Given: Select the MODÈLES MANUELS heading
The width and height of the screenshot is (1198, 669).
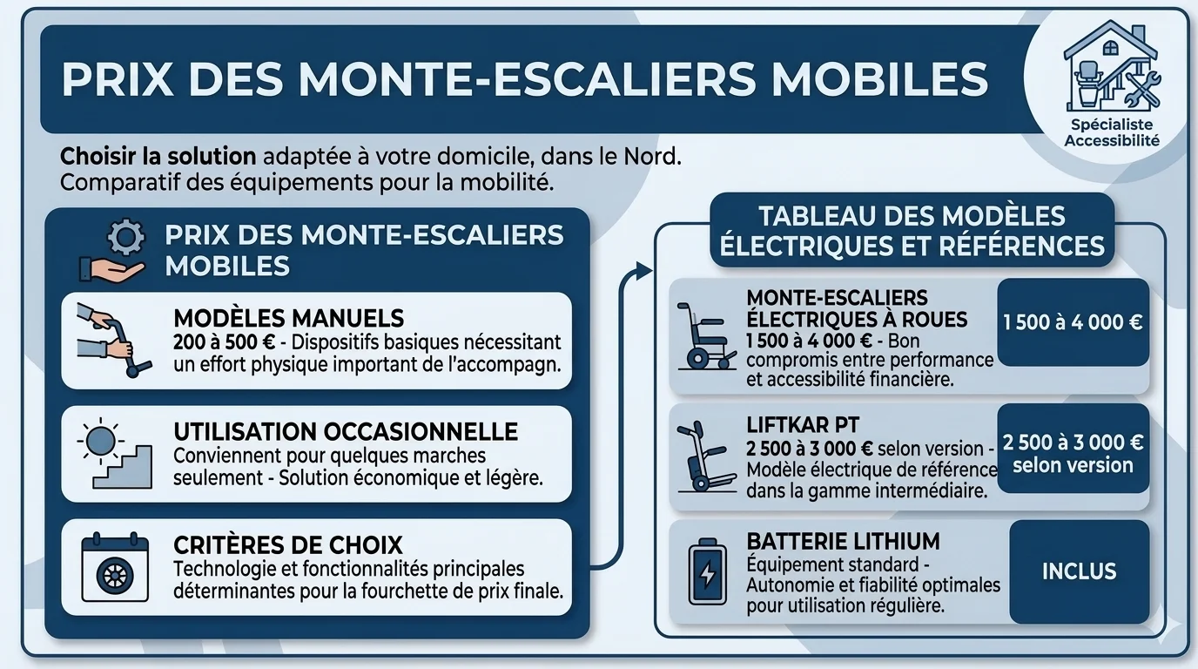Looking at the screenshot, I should (289, 318).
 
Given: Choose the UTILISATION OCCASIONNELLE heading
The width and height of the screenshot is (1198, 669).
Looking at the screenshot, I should (346, 432).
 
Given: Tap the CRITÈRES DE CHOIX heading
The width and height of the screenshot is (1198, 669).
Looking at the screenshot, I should (288, 546).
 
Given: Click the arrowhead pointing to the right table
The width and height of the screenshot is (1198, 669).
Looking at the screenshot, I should (643, 271).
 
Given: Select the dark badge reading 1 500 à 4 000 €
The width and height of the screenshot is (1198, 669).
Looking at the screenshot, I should (1073, 322).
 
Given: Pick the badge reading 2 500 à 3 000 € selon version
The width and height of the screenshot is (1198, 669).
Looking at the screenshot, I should (1073, 453).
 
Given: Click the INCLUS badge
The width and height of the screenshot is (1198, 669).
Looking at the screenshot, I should (1079, 571).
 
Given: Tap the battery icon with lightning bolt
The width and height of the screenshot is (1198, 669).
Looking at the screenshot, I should (707, 572).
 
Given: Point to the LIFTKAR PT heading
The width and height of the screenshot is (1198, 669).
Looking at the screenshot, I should (803, 425).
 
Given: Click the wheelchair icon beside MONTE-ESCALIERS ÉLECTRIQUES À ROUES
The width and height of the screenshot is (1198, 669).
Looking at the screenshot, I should (706, 335).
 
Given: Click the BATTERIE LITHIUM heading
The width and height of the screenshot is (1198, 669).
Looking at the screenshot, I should (843, 542).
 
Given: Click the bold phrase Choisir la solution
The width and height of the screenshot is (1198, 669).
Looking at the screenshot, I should (158, 158).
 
